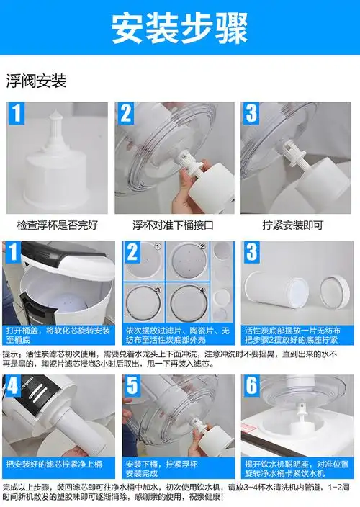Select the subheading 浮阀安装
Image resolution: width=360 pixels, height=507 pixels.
pyautogui.click(x=37, y=81)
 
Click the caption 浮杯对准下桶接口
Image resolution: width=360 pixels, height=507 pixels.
pyautogui.click(x=176, y=224)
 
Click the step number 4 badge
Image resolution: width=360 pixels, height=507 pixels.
pyautogui.click(x=14, y=387)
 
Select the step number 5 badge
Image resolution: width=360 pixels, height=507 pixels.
pyautogui.click(x=132, y=387)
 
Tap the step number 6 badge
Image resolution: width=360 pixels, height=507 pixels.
pyautogui.click(x=251, y=387)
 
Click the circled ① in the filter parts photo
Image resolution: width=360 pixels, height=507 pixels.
pyautogui.click(x=158, y=246)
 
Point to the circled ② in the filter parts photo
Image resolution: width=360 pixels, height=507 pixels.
pyautogui.click(x=202, y=246)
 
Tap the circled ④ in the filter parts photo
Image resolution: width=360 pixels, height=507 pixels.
pyautogui.click(x=202, y=290)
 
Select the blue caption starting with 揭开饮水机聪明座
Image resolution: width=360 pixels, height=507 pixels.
pyautogui.click(x=297, y=468)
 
